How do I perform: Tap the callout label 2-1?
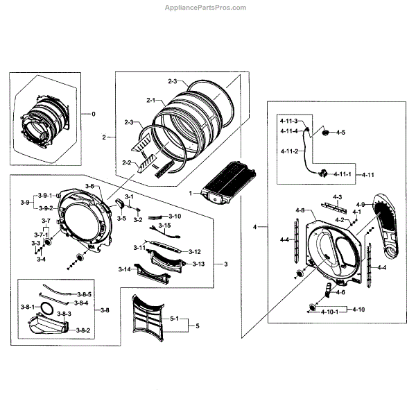[x=150, y=101]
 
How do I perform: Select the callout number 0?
[x=94, y=113]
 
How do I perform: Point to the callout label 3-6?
[x=89, y=187]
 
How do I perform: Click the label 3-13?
[x=198, y=264]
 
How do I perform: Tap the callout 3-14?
[x=125, y=269]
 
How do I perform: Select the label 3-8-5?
[x=84, y=294]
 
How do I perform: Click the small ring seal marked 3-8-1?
[x=48, y=306]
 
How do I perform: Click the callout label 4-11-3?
[x=289, y=121]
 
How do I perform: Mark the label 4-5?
[x=340, y=132]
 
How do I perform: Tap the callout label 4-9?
[x=360, y=204]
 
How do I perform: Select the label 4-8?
[x=300, y=210]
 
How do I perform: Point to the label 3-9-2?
[x=46, y=208]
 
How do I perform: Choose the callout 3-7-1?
[x=42, y=235]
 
